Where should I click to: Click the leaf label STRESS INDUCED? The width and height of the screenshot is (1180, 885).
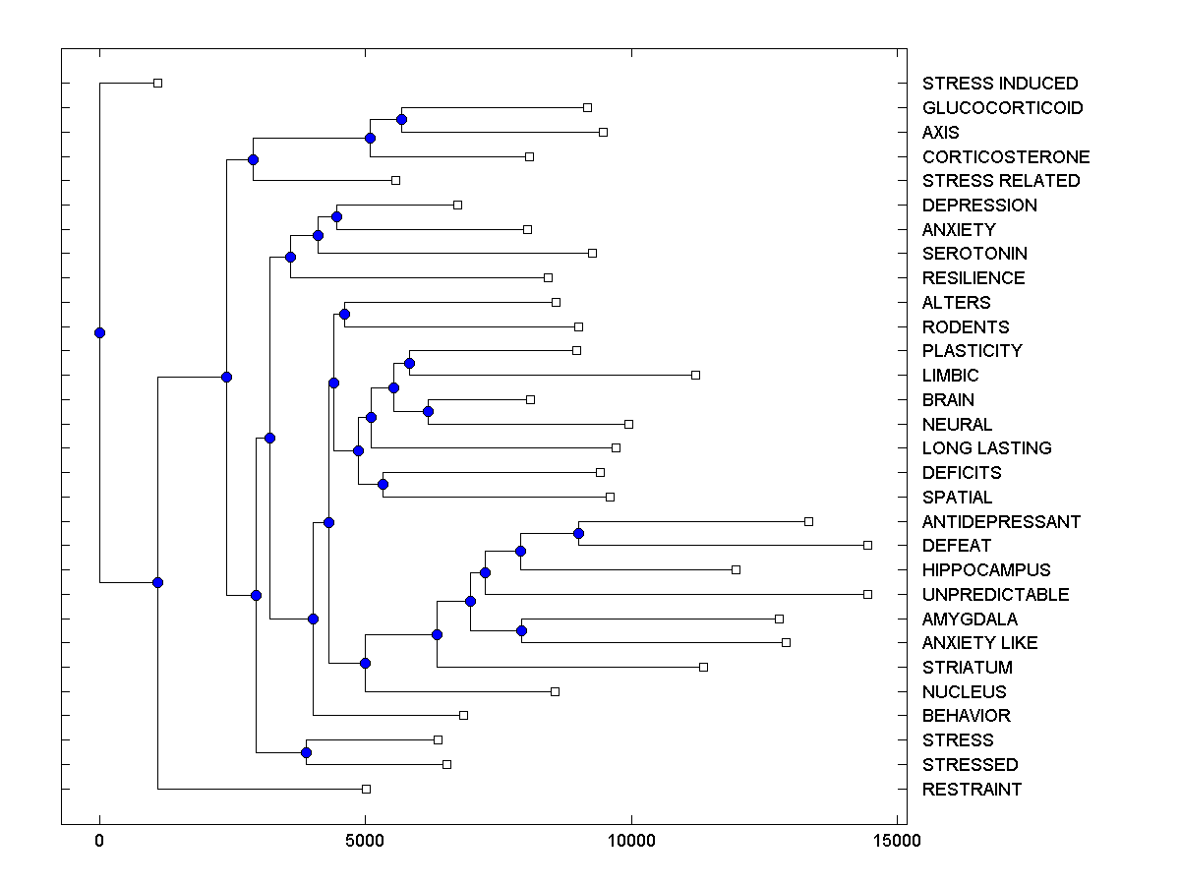pos(1000,84)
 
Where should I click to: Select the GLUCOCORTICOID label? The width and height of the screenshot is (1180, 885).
pos(1002,108)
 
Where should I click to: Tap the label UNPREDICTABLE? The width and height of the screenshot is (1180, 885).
pos(995,595)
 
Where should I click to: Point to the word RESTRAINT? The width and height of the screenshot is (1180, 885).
pos(972,790)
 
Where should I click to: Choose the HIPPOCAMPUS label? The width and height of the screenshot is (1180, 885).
pos(986,570)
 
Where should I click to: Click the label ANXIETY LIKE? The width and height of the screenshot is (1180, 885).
pos(979,643)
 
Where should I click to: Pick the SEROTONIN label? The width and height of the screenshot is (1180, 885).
pos(974,254)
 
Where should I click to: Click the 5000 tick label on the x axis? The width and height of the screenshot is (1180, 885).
pos(365,841)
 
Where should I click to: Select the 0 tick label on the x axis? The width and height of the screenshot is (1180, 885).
pos(99,841)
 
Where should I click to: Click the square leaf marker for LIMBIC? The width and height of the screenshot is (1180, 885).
pos(695,375)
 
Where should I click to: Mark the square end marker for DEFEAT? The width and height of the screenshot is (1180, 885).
pos(867,545)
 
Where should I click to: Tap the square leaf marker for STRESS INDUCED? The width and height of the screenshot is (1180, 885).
pos(157,83)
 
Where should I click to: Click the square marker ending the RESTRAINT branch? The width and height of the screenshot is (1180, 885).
pos(366,789)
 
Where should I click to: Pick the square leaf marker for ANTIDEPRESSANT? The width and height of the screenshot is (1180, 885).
pos(808,521)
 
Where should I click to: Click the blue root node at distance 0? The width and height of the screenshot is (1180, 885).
pos(99,332)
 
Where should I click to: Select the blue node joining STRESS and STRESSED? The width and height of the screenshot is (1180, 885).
pos(306,752)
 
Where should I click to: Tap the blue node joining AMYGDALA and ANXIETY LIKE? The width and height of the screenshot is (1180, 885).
pos(521,630)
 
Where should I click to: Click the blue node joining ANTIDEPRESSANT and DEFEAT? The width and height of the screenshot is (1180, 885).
pos(578,533)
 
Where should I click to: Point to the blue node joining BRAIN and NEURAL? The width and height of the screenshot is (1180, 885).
pos(428,411)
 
